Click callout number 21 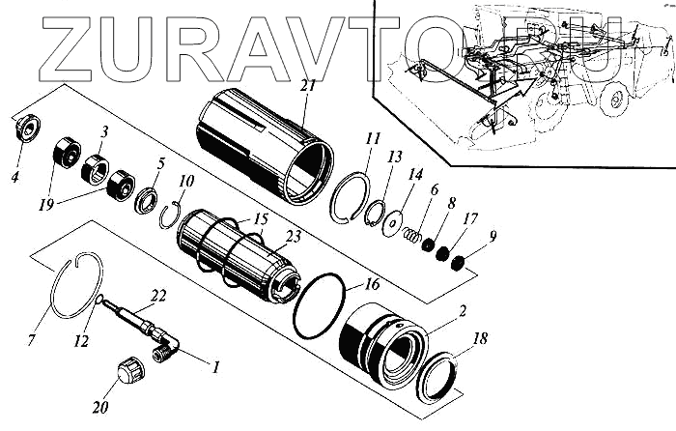[307, 86]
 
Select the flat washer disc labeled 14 [393, 220]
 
